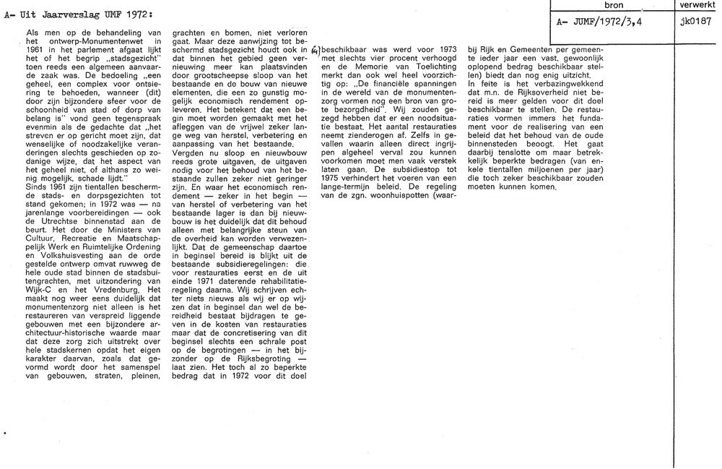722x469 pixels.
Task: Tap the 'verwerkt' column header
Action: click(698, 5)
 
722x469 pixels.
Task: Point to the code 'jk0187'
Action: click(695, 22)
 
